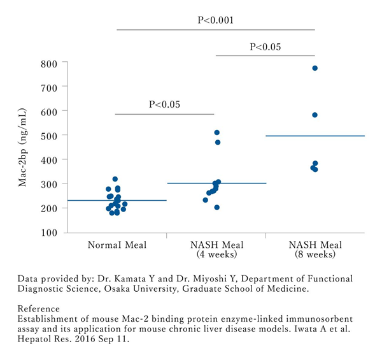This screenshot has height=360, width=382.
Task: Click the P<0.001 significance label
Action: tap(216, 20)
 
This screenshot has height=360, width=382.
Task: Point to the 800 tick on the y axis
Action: tap(49, 63)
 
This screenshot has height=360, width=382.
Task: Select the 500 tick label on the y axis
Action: tap(49, 136)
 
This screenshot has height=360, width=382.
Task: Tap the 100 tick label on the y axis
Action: tap(49, 233)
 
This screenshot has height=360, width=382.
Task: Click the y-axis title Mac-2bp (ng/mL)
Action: tap(24, 148)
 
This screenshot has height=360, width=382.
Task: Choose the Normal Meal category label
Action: tap(117, 245)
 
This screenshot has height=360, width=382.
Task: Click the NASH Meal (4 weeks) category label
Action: tap(216, 250)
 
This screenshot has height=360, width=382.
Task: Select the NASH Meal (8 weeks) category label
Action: tap(315, 250)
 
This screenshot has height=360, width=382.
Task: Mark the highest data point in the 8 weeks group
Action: tap(315, 68)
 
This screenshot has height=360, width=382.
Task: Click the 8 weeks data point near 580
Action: tap(315, 115)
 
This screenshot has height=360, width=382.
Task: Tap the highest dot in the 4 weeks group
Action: tap(217, 133)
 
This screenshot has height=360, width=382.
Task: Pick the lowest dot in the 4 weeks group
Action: tap(216, 207)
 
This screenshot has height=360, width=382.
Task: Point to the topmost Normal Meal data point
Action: tap(115, 179)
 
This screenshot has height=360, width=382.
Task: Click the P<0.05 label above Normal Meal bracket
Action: tap(165, 104)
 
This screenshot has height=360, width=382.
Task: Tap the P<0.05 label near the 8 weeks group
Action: tap(265, 47)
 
